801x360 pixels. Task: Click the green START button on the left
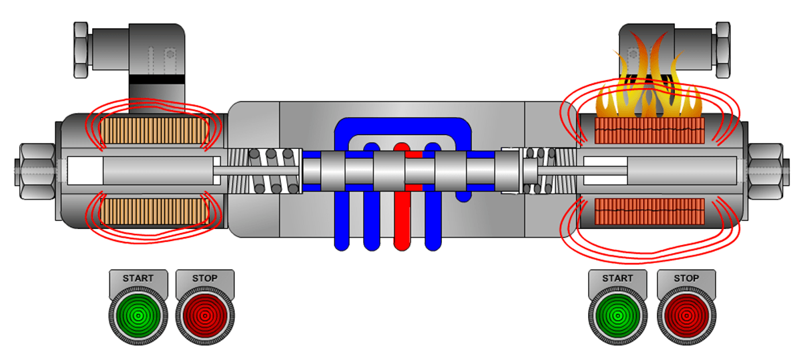138,316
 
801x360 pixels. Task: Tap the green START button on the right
617,316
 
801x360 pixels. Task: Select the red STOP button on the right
687,316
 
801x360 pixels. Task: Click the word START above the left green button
138,278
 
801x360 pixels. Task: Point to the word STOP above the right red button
686,278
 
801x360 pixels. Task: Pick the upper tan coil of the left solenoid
154,131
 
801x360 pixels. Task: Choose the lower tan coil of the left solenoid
154,212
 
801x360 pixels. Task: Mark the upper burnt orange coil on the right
649,131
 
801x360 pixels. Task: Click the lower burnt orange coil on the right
649,212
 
